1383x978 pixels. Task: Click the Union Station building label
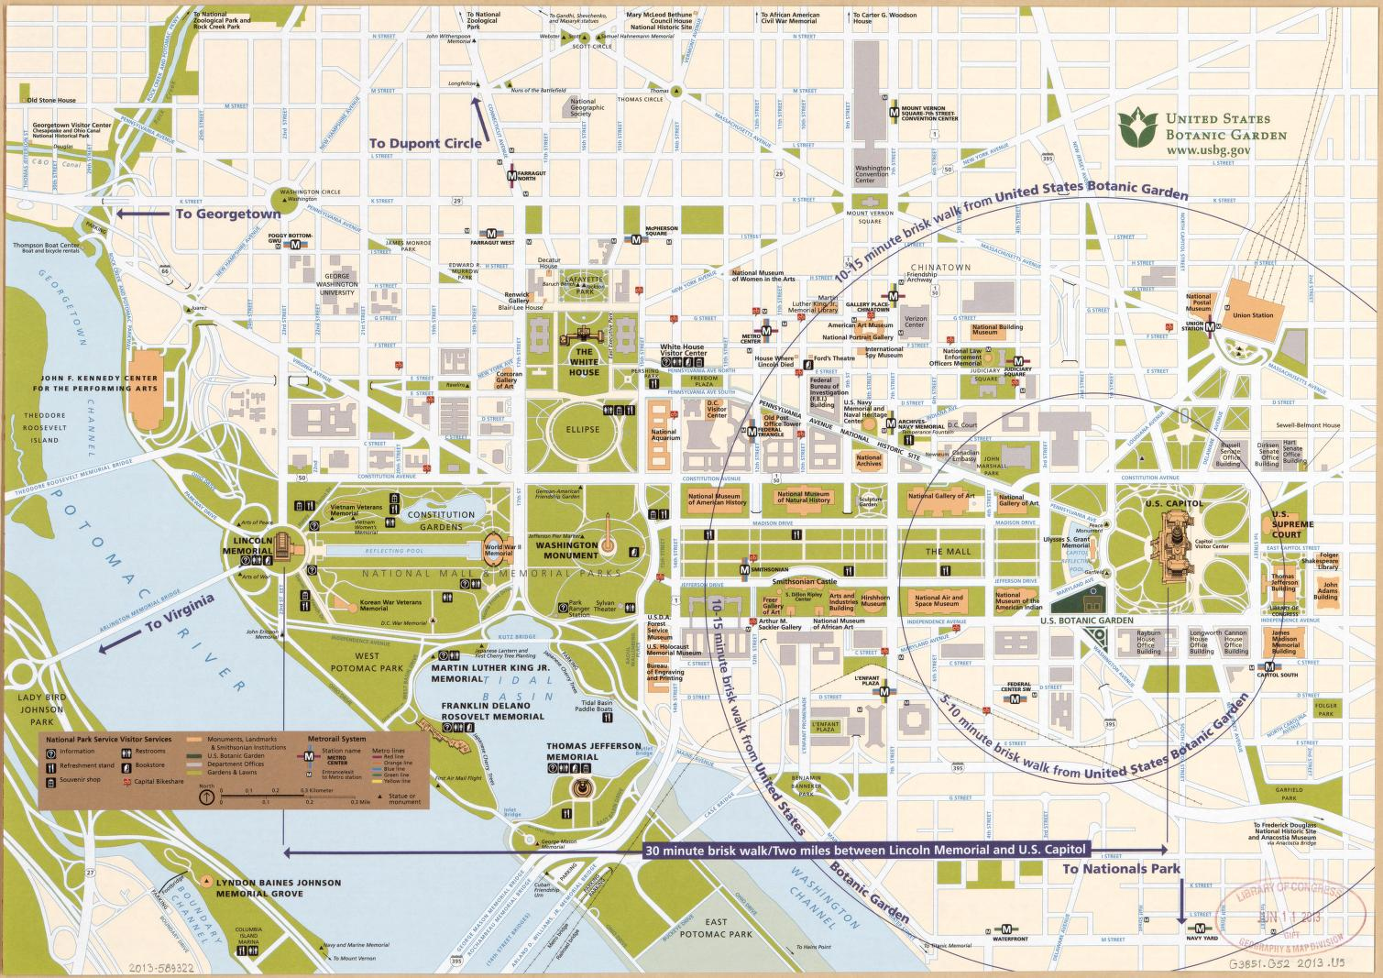click(x=1253, y=316)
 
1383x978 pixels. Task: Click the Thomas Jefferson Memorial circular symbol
click(x=581, y=787)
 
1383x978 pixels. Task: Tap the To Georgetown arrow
click(x=137, y=214)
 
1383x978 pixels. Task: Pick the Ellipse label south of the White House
click(x=583, y=429)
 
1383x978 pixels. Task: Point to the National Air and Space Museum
click(x=938, y=600)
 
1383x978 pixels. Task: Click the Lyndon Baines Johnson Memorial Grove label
click(x=279, y=887)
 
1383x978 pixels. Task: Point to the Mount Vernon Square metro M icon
click(x=894, y=113)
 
